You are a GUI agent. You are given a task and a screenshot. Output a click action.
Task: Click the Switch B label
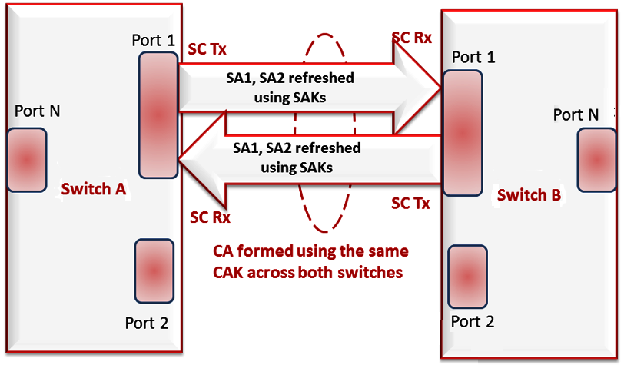[x=529, y=195]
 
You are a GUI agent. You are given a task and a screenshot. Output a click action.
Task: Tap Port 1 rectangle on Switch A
[x=158, y=115]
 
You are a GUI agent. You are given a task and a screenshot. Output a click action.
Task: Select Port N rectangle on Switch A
[x=26, y=160]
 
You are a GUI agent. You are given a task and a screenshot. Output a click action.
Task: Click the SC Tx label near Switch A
[x=207, y=48]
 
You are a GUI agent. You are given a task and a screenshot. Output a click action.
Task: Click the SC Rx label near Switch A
[x=210, y=217]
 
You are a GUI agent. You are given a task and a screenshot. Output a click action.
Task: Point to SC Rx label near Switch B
[x=411, y=38]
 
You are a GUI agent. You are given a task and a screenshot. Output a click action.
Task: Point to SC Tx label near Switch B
[x=410, y=204]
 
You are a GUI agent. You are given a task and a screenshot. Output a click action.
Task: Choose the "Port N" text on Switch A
[x=38, y=111]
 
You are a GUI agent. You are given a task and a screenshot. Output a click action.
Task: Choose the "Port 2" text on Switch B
[x=472, y=320]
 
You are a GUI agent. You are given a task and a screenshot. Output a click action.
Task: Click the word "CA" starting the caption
[x=223, y=252]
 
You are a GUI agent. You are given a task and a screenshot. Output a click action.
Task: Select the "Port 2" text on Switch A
[x=147, y=322]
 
